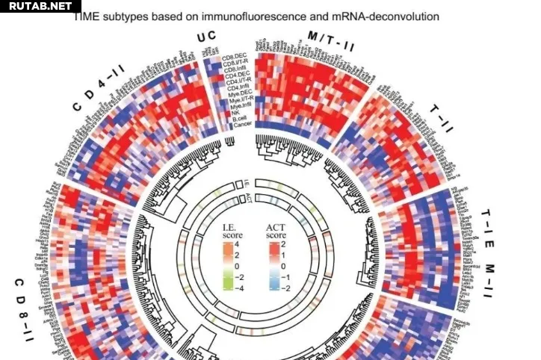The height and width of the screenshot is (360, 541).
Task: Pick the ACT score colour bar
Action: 275,265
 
